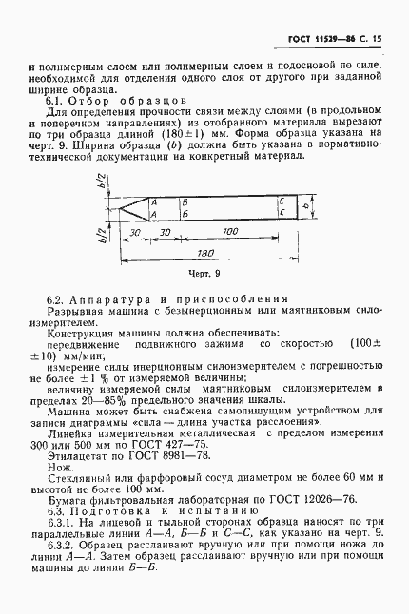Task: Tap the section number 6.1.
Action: pyautogui.click(x=54, y=101)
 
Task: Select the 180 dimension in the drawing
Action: pyautogui.click(x=202, y=254)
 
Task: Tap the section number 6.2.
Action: pyautogui.click(x=54, y=300)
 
